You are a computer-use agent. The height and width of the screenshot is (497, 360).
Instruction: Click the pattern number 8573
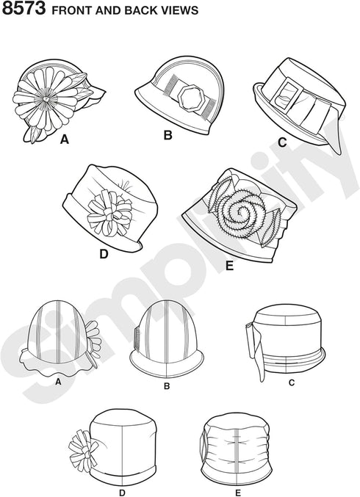coord(24,9)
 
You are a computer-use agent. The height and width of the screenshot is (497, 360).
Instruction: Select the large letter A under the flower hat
coord(65,139)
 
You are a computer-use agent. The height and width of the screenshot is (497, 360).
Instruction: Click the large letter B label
coord(168,135)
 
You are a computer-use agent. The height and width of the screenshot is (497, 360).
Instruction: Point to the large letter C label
coord(282,142)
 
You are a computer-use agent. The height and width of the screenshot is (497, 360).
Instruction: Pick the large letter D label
coord(104,253)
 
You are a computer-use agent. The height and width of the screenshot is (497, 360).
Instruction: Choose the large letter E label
coord(229,266)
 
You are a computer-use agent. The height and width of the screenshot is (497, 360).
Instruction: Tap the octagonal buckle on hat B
coord(190,98)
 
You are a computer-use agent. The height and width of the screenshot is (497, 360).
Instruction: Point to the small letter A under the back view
coord(58,382)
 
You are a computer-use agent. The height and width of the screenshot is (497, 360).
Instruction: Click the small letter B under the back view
coord(167,386)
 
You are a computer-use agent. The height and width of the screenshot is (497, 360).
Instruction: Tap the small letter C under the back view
coord(292,383)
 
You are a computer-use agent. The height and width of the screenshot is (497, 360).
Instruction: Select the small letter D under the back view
coord(123,493)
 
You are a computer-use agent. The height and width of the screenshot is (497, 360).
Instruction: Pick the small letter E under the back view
coord(238,493)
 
